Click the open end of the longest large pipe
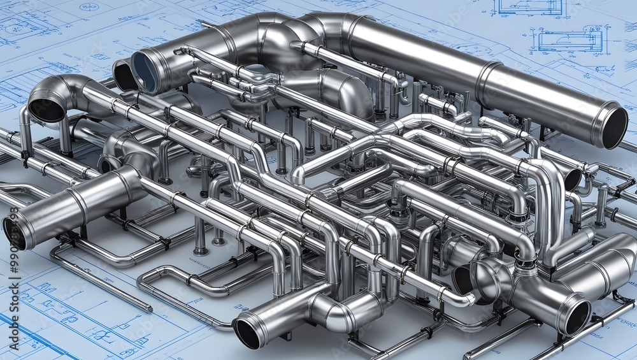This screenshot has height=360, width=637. click(x=614, y=127)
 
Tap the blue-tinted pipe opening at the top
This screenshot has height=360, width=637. click(x=146, y=71)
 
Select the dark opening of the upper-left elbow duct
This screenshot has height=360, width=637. click(x=46, y=109)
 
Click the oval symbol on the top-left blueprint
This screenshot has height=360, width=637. click(x=89, y=7)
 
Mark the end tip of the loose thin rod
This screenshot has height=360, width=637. click(x=150, y=310)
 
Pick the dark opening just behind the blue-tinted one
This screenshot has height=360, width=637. click(x=124, y=76)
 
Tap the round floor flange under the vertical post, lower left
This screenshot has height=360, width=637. click(x=201, y=250)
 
